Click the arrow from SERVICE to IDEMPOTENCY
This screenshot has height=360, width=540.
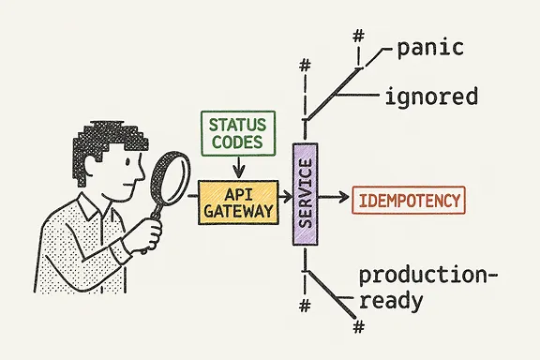[x=332, y=199]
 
